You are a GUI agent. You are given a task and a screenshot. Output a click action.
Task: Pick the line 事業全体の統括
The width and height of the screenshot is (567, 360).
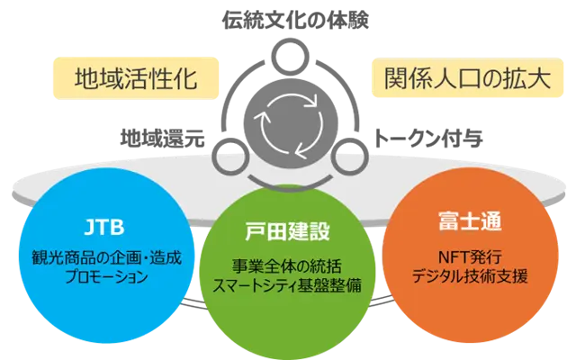(x=284, y=267)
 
